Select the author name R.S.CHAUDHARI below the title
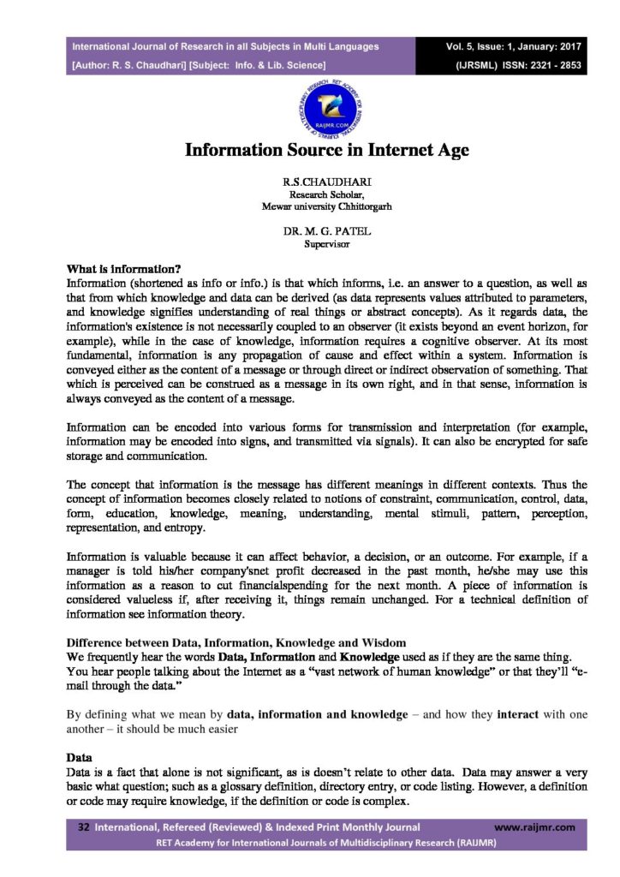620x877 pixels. tap(310, 183)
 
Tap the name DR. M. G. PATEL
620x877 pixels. tap(310, 231)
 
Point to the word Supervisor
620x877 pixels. tap(310, 244)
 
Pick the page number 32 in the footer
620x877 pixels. tap(84, 827)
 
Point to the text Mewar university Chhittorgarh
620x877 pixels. tap(310, 206)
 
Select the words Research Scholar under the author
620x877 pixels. tap(310, 195)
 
